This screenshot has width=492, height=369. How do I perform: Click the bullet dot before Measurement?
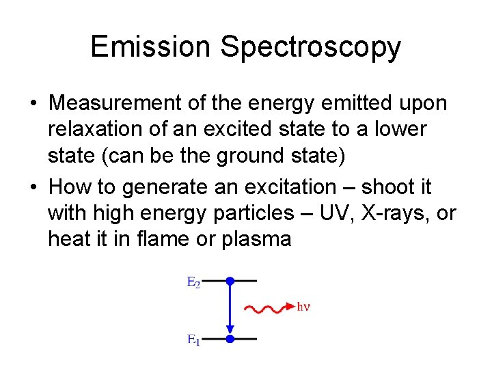coord(33,104)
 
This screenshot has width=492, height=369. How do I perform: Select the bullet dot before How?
coord(33,187)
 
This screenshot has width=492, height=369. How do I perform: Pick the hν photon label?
coord(303,307)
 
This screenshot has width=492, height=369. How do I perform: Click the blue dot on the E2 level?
coord(230,281)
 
